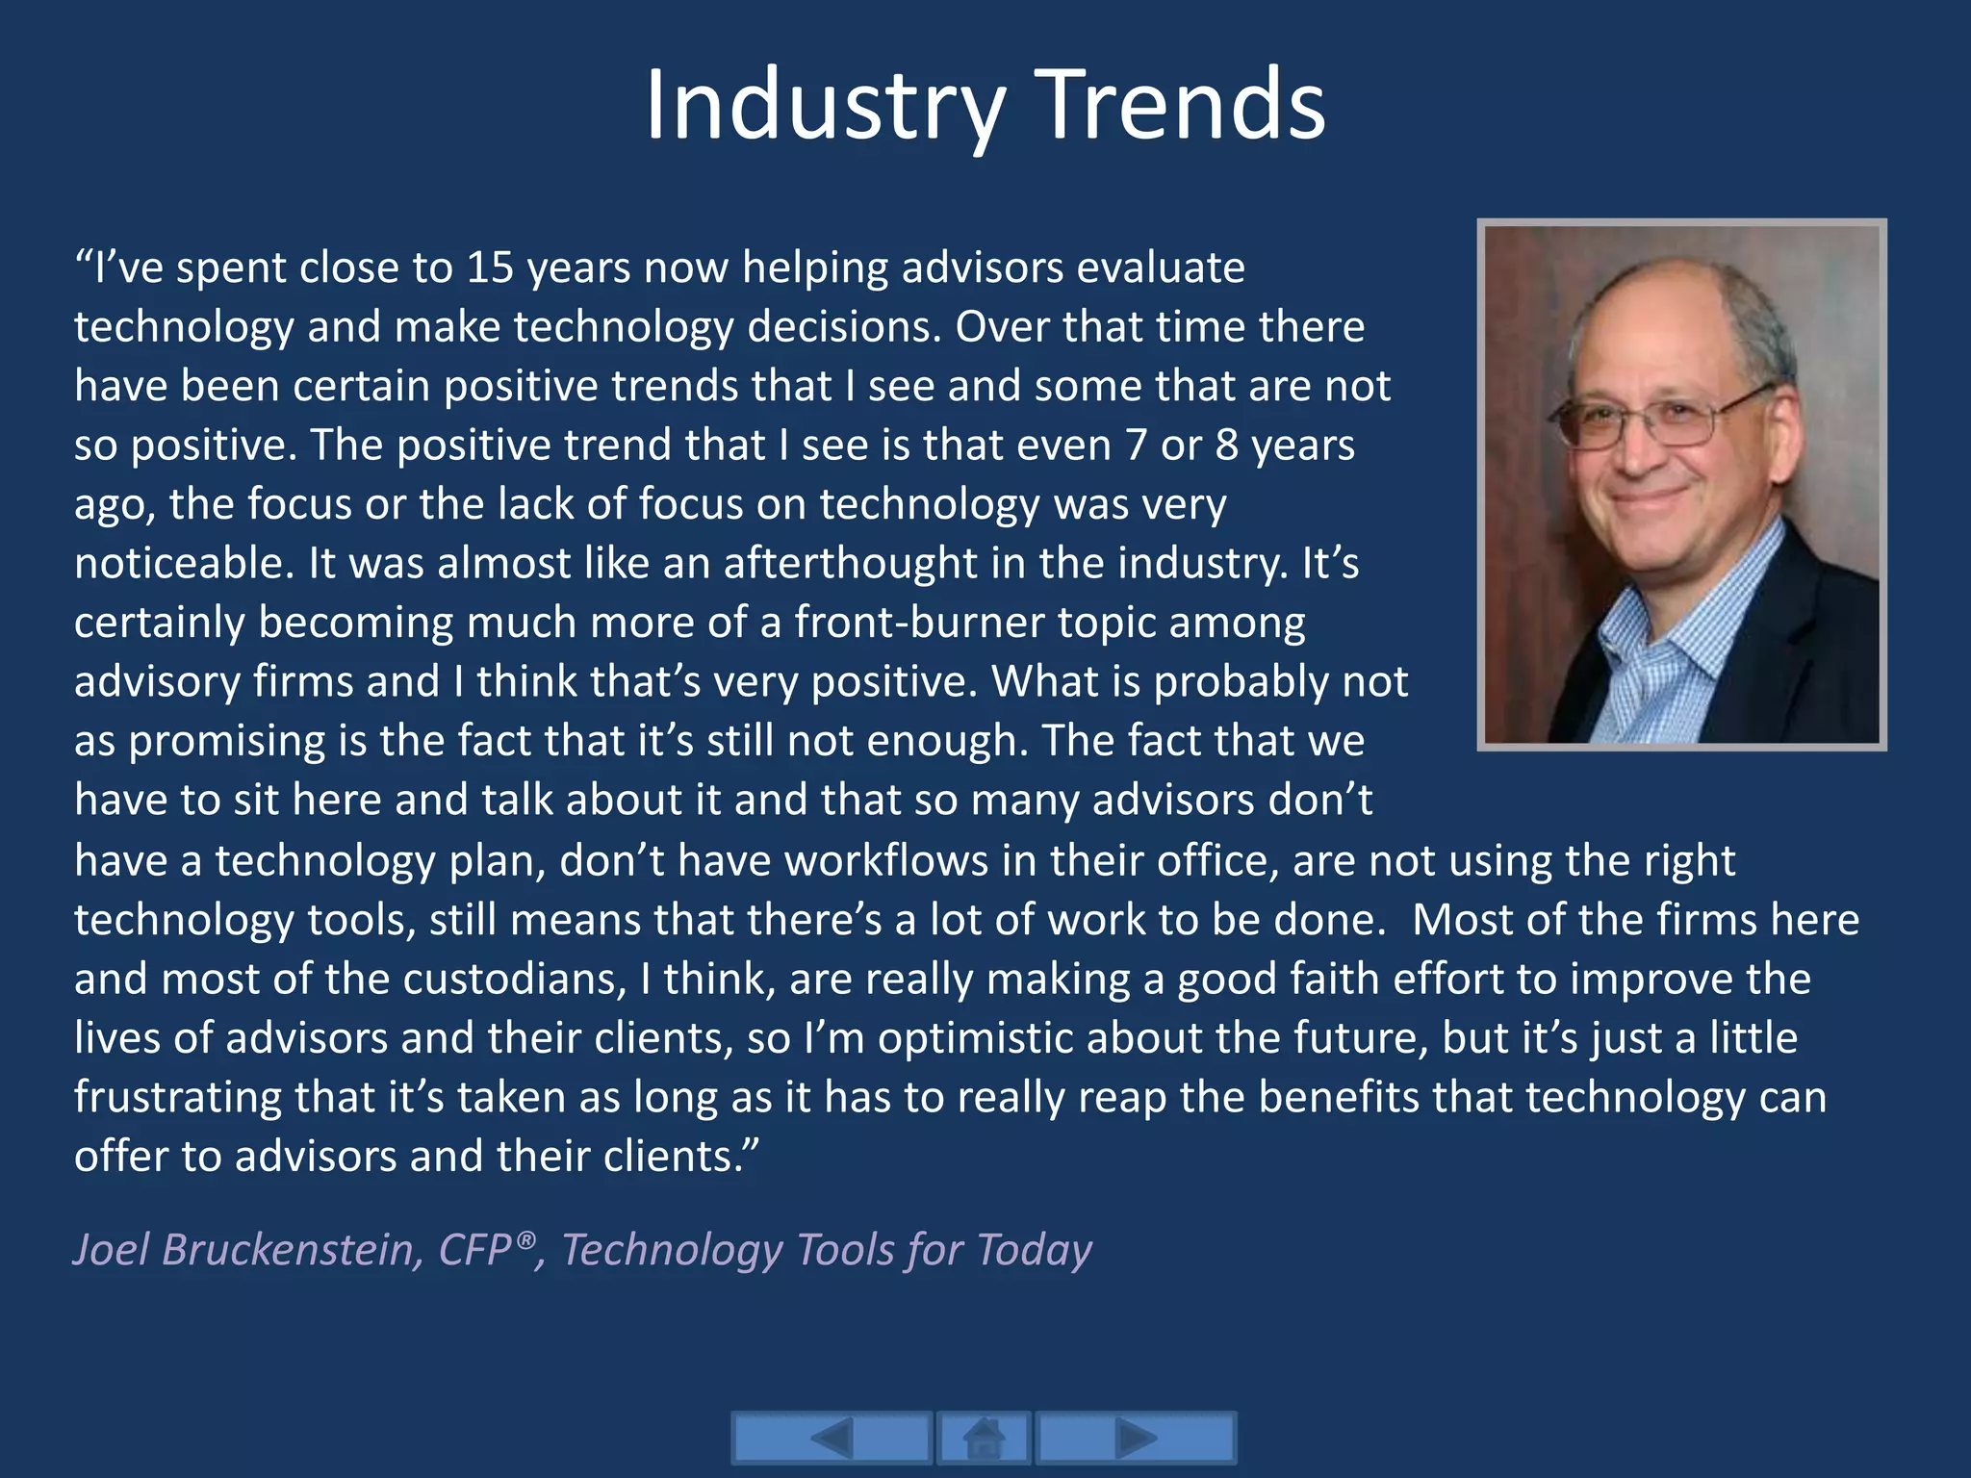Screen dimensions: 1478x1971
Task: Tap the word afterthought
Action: tap(850, 563)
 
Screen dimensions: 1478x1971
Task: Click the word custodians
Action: tap(514, 979)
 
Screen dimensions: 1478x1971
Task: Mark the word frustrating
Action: tap(178, 1098)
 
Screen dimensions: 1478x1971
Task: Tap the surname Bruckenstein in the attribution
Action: tap(293, 1250)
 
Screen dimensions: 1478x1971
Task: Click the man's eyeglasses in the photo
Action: tap(1659, 419)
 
